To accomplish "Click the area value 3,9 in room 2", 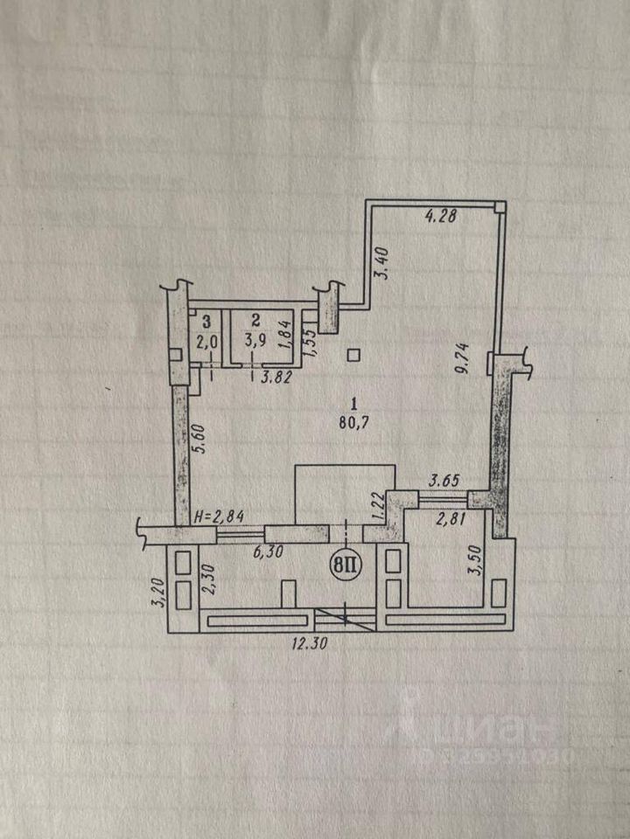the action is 255,341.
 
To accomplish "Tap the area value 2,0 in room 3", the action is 207,342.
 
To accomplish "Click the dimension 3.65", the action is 444,480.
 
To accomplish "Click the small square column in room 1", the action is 353,354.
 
